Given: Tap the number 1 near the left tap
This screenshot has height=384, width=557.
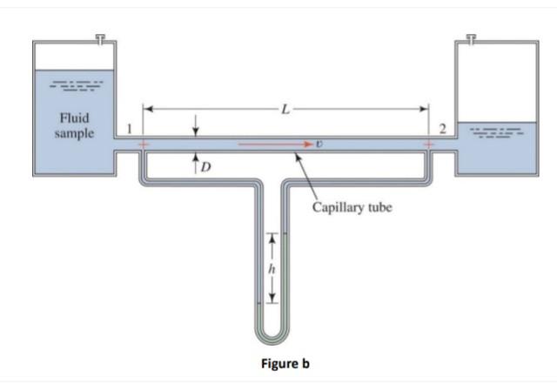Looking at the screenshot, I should [x=131, y=129].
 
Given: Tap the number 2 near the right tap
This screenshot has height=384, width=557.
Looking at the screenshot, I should [x=441, y=129].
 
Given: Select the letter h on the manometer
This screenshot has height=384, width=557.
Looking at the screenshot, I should [x=272, y=268].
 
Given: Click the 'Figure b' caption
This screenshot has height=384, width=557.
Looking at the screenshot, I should [x=284, y=363].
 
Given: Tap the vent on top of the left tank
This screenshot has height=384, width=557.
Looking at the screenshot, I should [x=101, y=39].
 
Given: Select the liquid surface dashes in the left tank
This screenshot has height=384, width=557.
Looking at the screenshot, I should [x=74, y=87].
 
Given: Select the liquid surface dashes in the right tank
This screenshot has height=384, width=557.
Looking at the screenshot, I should [x=494, y=135].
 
